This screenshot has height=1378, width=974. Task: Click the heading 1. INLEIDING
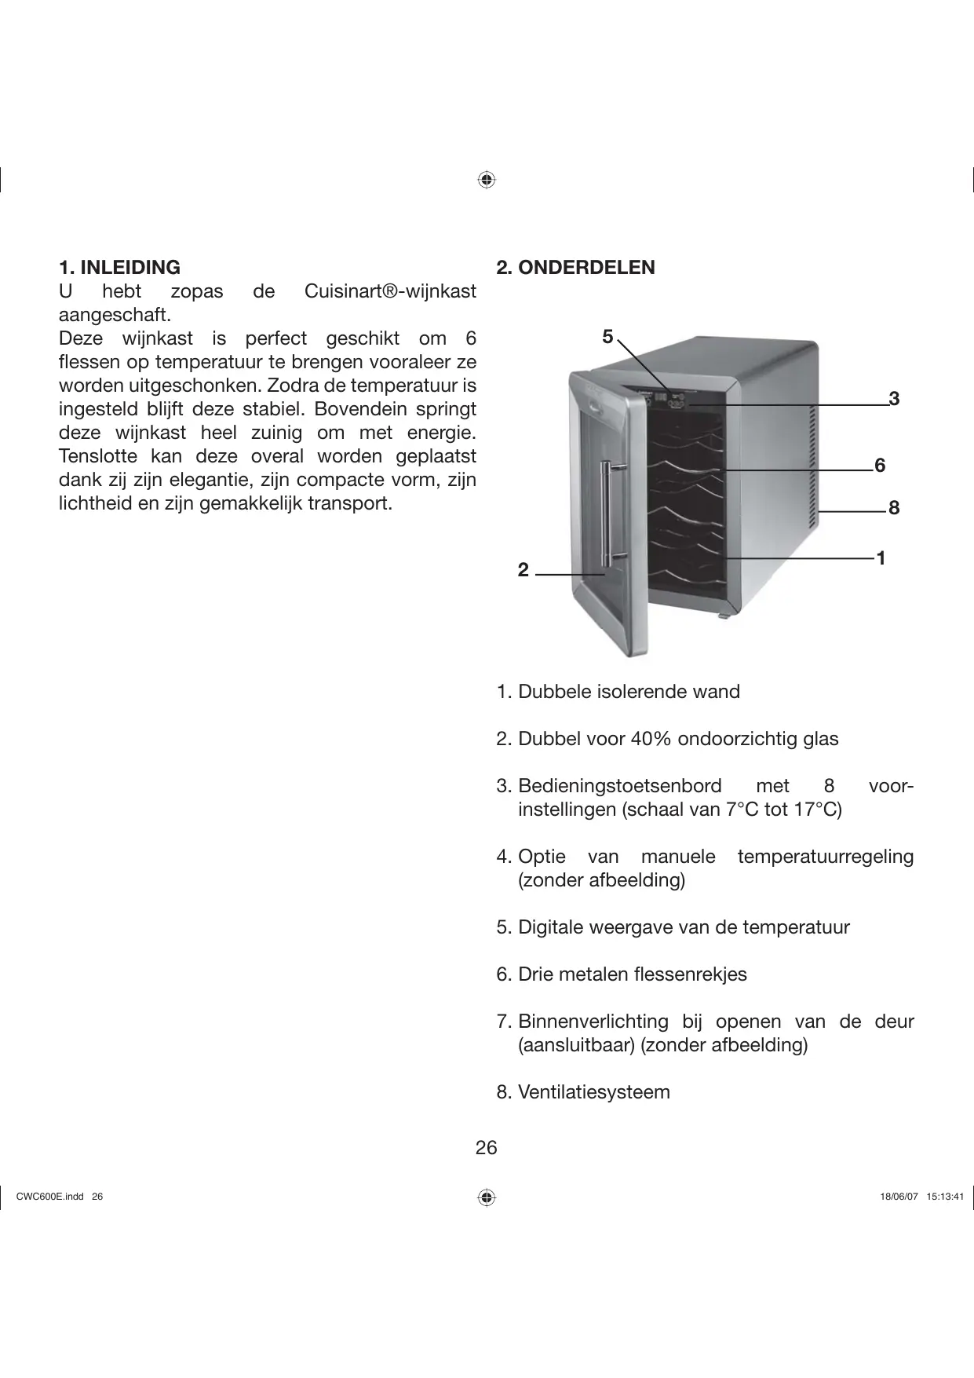click(119, 267)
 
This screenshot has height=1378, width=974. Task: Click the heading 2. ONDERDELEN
click(575, 267)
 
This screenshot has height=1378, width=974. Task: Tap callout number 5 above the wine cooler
click(607, 337)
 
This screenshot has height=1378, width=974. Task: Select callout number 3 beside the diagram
click(893, 399)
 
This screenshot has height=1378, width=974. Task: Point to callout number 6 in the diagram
click(880, 466)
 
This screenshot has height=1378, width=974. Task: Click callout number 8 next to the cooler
click(894, 508)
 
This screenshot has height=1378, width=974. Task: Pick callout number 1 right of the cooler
click(881, 558)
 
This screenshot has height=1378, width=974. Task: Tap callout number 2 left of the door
click(523, 570)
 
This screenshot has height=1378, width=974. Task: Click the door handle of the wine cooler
click(606, 514)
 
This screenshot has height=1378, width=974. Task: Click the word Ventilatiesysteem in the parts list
click(594, 1092)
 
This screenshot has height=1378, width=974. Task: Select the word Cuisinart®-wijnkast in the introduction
click(389, 291)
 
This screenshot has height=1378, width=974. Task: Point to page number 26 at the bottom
click(486, 1148)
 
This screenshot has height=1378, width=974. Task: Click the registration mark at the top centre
click(487, 180)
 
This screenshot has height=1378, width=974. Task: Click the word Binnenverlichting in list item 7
click(593, 1022)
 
